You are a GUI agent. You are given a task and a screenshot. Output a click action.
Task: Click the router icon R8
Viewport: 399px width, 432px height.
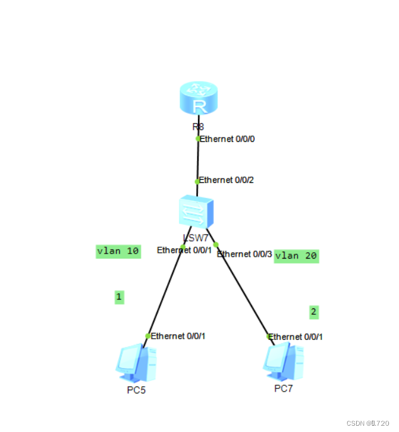pyautogui.click(x=198, y=100)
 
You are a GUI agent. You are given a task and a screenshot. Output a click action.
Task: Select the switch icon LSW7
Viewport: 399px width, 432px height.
pyautogui.click(x=196, y=213)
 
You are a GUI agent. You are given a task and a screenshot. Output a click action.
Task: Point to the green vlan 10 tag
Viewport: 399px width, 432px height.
pyautogui.click(x=118, y=251)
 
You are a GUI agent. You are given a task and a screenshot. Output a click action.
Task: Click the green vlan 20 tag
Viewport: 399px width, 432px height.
pyautogui.click(x=296, y=255)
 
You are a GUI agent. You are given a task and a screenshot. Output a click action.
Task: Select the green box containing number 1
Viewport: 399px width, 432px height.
pyautogui.click(x=119, y=296)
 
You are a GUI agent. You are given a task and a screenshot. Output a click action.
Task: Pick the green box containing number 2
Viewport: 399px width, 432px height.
pyautogui.click(x=314, y=312)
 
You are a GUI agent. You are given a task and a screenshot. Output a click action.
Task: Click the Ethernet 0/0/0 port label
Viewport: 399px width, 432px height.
pyautogui.click(x=227, y=139)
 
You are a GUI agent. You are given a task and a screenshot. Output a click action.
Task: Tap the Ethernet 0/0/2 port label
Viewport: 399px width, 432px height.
pyautogui.click(x=227, y=180)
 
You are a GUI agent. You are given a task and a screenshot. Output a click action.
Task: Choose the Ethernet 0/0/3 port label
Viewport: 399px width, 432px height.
pyautogui.click(x=244, y=254)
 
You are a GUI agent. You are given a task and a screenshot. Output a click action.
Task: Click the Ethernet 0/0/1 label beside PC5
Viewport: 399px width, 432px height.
pyautogui.click(x=178, y=336)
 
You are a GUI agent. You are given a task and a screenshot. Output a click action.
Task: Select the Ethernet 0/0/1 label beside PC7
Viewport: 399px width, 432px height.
pyautogui.click(x=296, y=337)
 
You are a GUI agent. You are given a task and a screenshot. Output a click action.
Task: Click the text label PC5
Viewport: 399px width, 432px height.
pyautogui.click(x=136, y=390)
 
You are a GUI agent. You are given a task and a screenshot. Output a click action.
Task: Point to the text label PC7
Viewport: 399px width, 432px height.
pyautogui.click(x=283, y=388)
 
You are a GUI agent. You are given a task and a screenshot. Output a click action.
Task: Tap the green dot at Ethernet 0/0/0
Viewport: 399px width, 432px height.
pyautogui.click(x=198, y=139)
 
